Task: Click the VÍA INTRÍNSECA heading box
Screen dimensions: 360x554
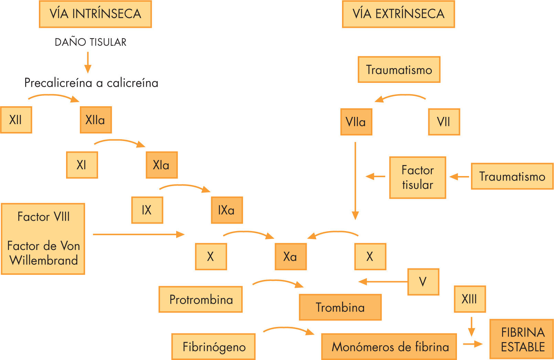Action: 95,14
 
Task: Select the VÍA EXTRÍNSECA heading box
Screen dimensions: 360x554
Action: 398,14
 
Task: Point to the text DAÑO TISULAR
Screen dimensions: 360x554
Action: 90,42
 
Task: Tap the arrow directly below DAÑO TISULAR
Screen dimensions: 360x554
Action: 88,62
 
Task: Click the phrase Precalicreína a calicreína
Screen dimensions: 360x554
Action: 91,83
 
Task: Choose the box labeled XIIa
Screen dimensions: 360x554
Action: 96,120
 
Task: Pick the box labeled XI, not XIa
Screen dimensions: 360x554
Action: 82,165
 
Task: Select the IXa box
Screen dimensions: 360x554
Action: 227,210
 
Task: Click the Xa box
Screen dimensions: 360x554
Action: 290,257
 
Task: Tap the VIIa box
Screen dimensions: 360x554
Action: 356,122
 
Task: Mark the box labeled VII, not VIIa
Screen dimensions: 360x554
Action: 444,122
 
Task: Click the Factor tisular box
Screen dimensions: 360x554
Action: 417,177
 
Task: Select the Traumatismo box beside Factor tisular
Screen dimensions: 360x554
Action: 512,176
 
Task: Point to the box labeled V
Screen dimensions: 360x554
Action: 423,282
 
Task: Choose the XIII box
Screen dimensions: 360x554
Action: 470,299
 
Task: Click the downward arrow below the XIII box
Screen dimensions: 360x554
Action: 471,327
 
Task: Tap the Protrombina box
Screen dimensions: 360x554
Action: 201,299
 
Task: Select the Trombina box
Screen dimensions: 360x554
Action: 340,307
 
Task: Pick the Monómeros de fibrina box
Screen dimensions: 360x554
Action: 389,347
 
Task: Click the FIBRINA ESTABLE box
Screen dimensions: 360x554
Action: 521,339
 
